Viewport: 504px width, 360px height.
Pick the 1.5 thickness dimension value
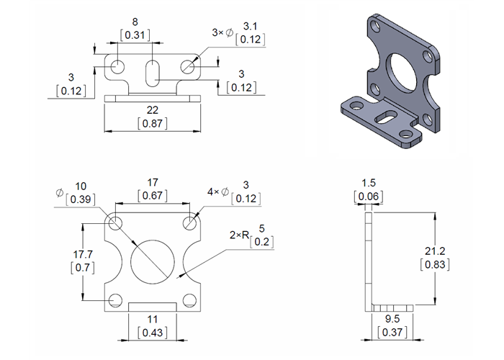(x=369, y=183)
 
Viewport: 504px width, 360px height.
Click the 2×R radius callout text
(x=238, y=235)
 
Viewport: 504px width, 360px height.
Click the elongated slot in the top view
(x=152, y=72)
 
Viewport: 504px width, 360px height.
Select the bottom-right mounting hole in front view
(x=189, y=300)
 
